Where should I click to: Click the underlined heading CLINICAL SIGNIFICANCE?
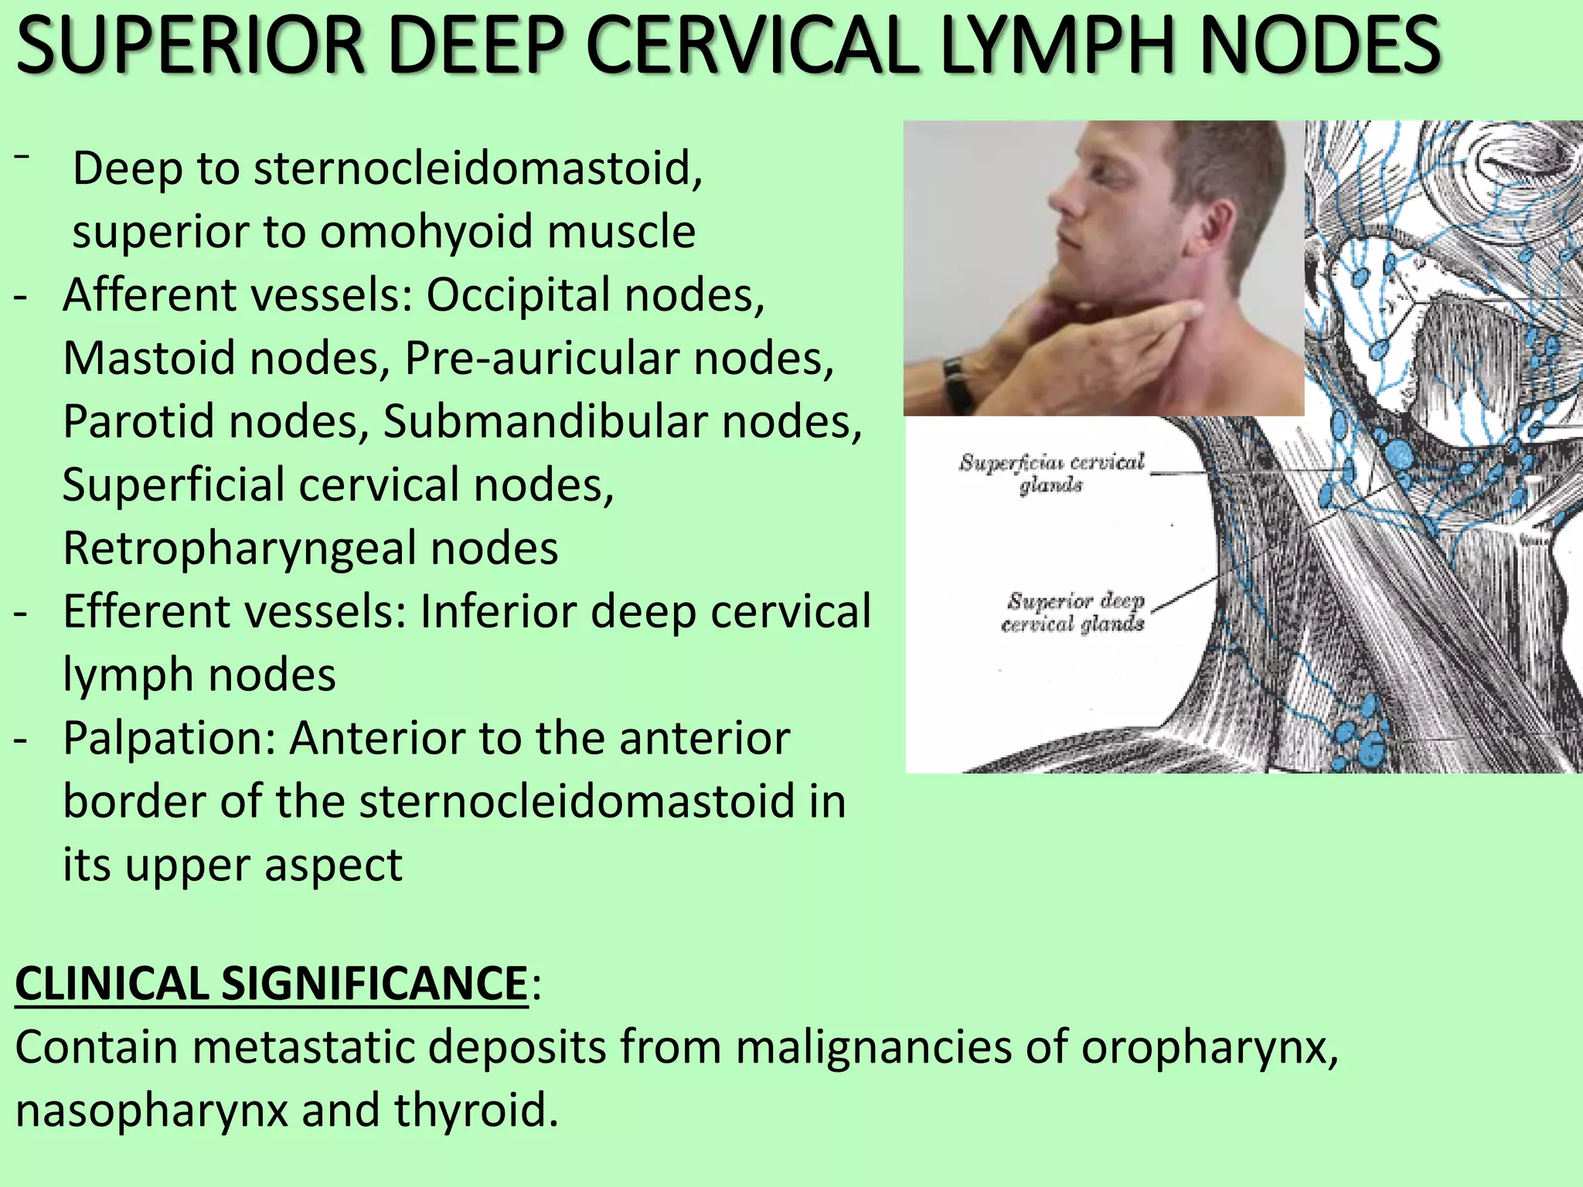pos(271,984)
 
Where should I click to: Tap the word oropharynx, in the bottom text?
pos(1209,1047)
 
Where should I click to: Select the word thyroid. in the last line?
pos(475,1110)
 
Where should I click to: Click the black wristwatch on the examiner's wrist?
pos(957,383)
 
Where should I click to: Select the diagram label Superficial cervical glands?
pos(1051,473)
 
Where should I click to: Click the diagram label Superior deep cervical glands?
pos(1073,612)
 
